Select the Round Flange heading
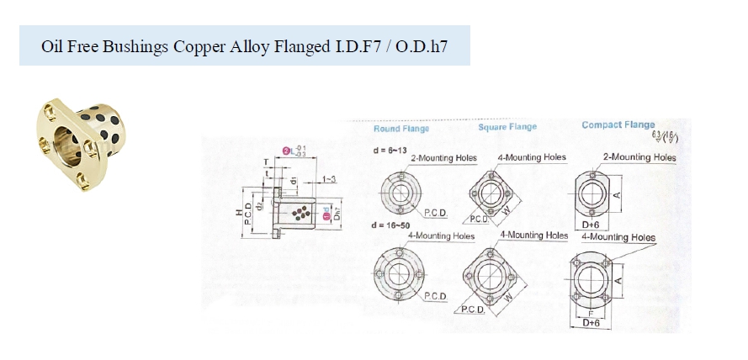[x=401, y=129]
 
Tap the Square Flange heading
[x=507, y=127]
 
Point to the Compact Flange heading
[x=618, y=125]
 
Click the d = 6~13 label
[x=388, y=151]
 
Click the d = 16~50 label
[x=391, y=226]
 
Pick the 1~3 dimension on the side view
[x=330, y=180]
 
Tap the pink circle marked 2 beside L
[x=286, y=151]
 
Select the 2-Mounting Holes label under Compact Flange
[x=639, y=157]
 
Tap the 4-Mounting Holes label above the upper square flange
[x=532, y=157]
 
